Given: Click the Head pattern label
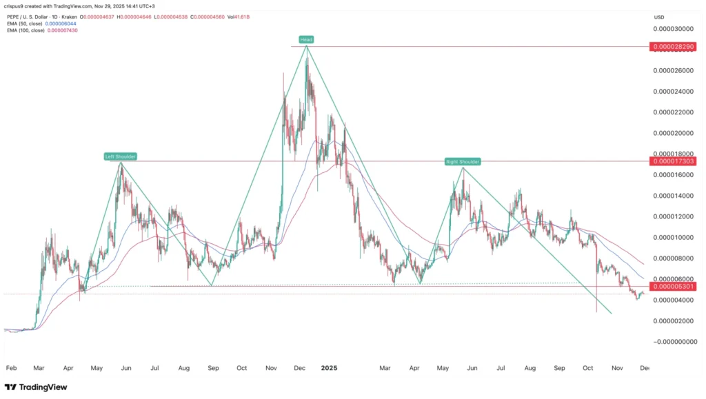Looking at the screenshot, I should tap(306, 39).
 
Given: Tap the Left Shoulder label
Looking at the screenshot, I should tap(121, 156).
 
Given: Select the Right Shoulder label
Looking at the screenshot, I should tap(462, 161).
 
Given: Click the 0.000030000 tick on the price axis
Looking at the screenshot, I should tap(673, 29).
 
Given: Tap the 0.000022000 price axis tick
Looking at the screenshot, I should tap(673, 112).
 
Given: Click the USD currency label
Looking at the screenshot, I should tap(659, 17).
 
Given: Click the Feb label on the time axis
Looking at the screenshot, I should tap(10, 368).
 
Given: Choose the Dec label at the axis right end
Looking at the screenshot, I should tap(643, 368).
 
